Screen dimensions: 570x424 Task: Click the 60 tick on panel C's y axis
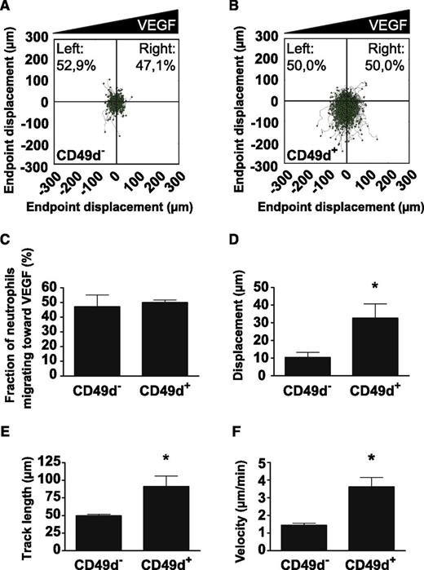coord(54,288)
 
